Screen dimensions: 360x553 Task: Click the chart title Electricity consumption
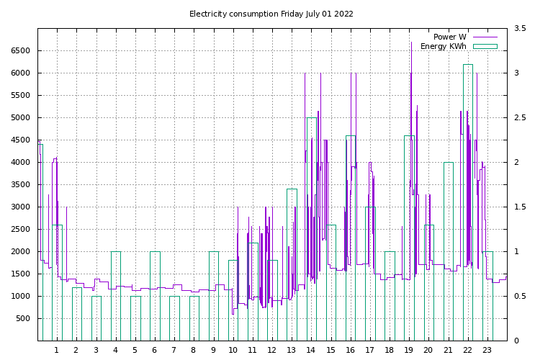[x=271, y=14]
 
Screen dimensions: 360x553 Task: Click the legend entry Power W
[x=449, y=37]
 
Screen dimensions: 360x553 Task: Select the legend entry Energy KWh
[x=443, y=46]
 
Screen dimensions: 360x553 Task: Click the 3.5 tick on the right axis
[x=520, y=28]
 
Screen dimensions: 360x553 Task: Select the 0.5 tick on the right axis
[x=520, y=296]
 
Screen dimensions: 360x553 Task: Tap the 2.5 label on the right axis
[x=520, y=117]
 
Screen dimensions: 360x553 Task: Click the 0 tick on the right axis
[x=516, y=341]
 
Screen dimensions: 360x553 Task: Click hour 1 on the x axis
[x=56, y=350]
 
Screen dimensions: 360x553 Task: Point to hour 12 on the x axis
[x=271, y=350]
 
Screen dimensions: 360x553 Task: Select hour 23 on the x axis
[x=487, y=350]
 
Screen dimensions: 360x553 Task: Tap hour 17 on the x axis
[x=369, y=350]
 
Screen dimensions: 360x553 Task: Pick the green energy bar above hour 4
[x=115, y=295]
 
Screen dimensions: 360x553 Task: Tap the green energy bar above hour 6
[x=155, y=295]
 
